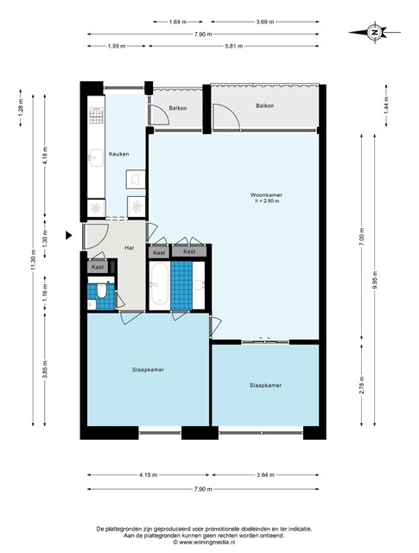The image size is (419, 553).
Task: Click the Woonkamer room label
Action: point(266,194)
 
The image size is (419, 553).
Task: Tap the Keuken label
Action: point(119,154)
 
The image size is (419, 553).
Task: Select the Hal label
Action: point(129,248)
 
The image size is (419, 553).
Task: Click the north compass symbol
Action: point(374,33)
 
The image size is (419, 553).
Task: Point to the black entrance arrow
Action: point(69,235)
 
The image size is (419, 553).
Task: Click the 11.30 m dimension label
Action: point(33,260)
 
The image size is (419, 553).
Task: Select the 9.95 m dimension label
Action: point(375,280)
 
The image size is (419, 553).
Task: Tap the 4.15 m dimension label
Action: point(148,474)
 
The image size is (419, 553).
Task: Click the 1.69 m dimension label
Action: point(178,22)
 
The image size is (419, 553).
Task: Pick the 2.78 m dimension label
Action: point(362,385)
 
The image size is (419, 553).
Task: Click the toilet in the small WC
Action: point(102,290)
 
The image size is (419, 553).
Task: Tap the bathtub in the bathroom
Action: point(160,286)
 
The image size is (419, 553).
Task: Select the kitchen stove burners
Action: point(96,116)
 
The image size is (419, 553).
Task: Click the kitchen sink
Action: point(96,157)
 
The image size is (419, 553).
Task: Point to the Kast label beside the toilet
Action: point(98,267)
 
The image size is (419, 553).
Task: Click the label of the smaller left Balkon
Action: point(178,108)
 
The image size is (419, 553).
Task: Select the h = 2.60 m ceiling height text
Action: point(267,201)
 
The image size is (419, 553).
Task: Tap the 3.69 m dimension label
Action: point(265,22)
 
